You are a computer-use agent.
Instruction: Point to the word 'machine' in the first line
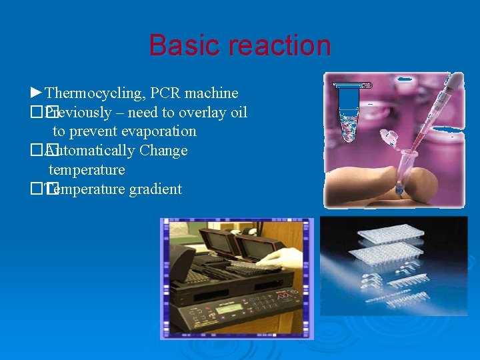coord(212,93)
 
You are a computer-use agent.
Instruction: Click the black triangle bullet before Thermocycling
coord(37,92)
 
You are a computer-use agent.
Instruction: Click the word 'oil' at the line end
coord(238,112)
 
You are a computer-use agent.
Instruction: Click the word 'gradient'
coord(155,189)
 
